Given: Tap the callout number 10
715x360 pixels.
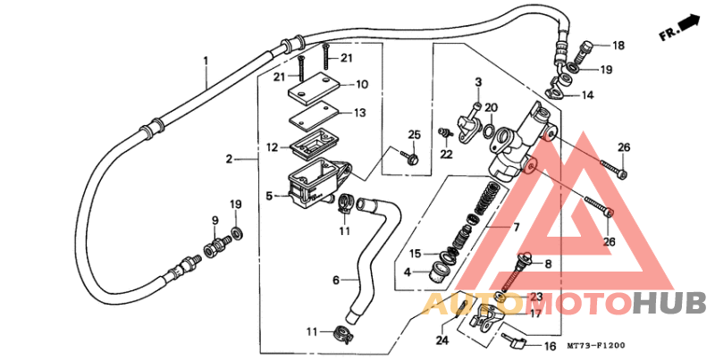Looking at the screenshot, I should [x=362, y=86].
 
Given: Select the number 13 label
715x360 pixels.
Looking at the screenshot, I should [x=360, y=113].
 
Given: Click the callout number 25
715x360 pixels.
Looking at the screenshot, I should [x=413, y=135].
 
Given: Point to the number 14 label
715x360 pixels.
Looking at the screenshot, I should [x=587, y=95].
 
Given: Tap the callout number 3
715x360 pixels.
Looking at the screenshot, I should [x=478, y=82].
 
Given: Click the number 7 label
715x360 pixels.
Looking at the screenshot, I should [x=515, y=229].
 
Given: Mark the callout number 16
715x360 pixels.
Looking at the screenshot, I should [x=549, y=345].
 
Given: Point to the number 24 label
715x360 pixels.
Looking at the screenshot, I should [x=442, y=339].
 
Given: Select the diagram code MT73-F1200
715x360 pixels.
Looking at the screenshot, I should [x=596, y=346].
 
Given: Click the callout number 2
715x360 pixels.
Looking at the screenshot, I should [x=229, y=159].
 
